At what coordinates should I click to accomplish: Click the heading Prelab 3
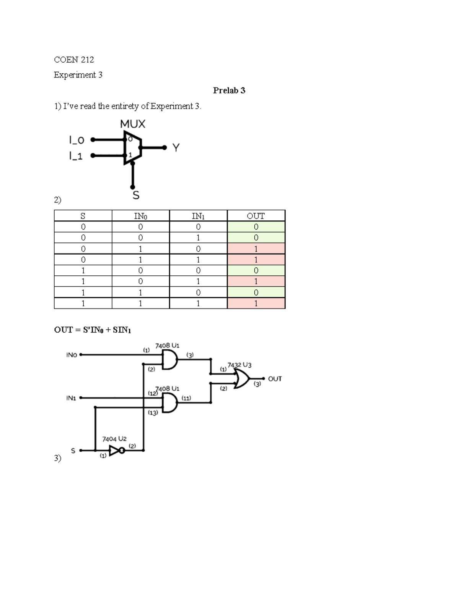(x=229, y=90)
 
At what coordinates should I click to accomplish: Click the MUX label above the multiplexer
(x=132, y=124)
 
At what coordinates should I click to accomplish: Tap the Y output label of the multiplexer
(x=176, y=148)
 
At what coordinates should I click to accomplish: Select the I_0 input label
(x=76, y=140)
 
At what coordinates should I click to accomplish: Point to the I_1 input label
(x=76, y=156)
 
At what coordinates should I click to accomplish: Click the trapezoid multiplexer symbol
(x=132, y=148)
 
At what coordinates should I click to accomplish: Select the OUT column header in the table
(x=256, y=216)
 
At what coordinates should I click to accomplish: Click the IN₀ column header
(x=140, y=216)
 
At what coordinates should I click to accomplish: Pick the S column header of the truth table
(x=83, y=216)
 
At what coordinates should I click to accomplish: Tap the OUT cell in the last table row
(x=256, y=304)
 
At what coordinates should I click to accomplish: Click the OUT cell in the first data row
(x=256, y=227)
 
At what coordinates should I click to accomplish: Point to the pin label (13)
(x=153, y=413)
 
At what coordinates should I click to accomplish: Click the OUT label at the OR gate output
(x=275, y=379)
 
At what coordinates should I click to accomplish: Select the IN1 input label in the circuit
(x=71, y=398)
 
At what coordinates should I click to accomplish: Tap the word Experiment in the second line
(x=75, y=75)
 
